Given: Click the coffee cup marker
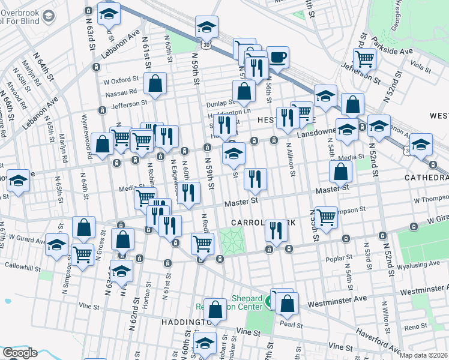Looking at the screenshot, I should (x=277, y=58).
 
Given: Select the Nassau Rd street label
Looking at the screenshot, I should (x=121, y=92).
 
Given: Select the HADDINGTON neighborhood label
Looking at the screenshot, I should (x=184, y=322).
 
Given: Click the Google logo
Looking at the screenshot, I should (x=20, y=353).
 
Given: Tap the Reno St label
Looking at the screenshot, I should (x=415, y=327).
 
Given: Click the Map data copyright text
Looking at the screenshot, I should (x=424, y=355).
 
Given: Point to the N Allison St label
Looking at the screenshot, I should (x=291, y=159).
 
